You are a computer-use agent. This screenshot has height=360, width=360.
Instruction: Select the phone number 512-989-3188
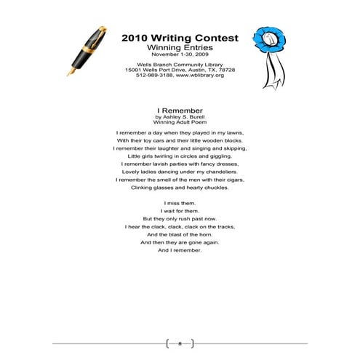pyautogui.click(x=153, y=76)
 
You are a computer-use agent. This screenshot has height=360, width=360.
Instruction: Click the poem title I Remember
pyautogui.click(x=179, y=111)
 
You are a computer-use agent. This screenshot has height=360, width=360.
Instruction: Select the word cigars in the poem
pyautogui.click(x=231, y=180)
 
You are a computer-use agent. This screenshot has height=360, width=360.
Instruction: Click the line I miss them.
pyautogui.click(x=179, y=203)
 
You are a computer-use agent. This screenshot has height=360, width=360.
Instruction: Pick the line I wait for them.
pyautogui.click(x=179, y=211)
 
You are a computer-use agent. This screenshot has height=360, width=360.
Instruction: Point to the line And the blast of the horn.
pyautogui.click(x=179, y=235)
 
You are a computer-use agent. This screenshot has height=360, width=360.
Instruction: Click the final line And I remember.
pyautogui.click(x=179, y=251)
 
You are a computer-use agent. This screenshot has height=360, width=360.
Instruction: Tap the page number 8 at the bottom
pyautogui.click(x=180, y=342)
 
